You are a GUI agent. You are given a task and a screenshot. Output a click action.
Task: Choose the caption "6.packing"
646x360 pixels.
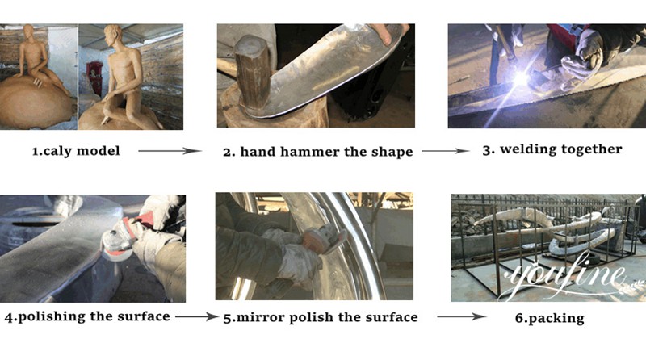point(550,318)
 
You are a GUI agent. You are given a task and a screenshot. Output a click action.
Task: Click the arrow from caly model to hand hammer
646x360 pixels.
point(170,151)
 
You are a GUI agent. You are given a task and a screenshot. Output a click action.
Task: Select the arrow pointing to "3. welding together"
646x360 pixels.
point(446,151)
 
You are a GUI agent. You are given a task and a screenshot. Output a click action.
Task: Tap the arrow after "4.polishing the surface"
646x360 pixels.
point(197,316)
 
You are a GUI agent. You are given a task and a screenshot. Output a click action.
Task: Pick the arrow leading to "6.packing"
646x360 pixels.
point(462,316)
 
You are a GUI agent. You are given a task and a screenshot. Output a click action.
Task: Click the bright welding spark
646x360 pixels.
point(521,78)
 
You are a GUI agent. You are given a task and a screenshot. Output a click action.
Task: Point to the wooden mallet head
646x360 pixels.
point(252,73)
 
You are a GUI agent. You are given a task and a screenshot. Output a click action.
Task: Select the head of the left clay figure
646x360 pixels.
point(28,31)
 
